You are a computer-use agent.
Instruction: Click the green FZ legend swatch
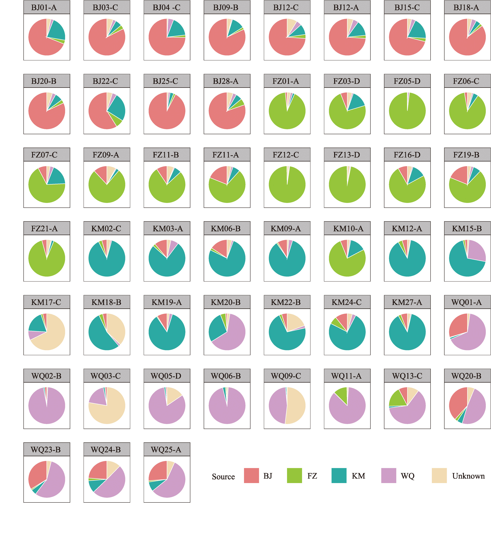point(294,476)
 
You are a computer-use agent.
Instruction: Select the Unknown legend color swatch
point(439,476)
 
